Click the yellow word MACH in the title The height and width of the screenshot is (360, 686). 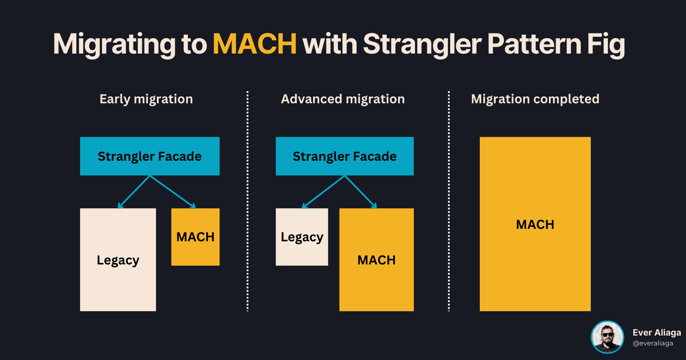click(255, 44)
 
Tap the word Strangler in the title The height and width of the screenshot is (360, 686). click(422, 44)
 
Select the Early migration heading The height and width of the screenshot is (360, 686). click(146, 99)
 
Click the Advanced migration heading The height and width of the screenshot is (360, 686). click(343, 99)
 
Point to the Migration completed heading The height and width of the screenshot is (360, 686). click(535, 99)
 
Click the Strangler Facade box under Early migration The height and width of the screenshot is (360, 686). click(150, 156)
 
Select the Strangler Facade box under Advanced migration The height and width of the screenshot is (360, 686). click(345, 156)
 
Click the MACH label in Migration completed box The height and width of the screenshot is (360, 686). click(535, 225)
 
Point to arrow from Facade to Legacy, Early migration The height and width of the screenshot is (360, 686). click(134, 192)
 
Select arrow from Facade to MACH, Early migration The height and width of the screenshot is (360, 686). click(172, 192)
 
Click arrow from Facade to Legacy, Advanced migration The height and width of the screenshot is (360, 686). click(324, 192)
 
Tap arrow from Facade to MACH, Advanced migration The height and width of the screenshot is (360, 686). click(361, 192)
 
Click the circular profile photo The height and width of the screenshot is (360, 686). click(607, 337)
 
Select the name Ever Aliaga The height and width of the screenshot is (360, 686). click(656, 333)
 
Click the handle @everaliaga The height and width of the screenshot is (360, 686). click(653, 343)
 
